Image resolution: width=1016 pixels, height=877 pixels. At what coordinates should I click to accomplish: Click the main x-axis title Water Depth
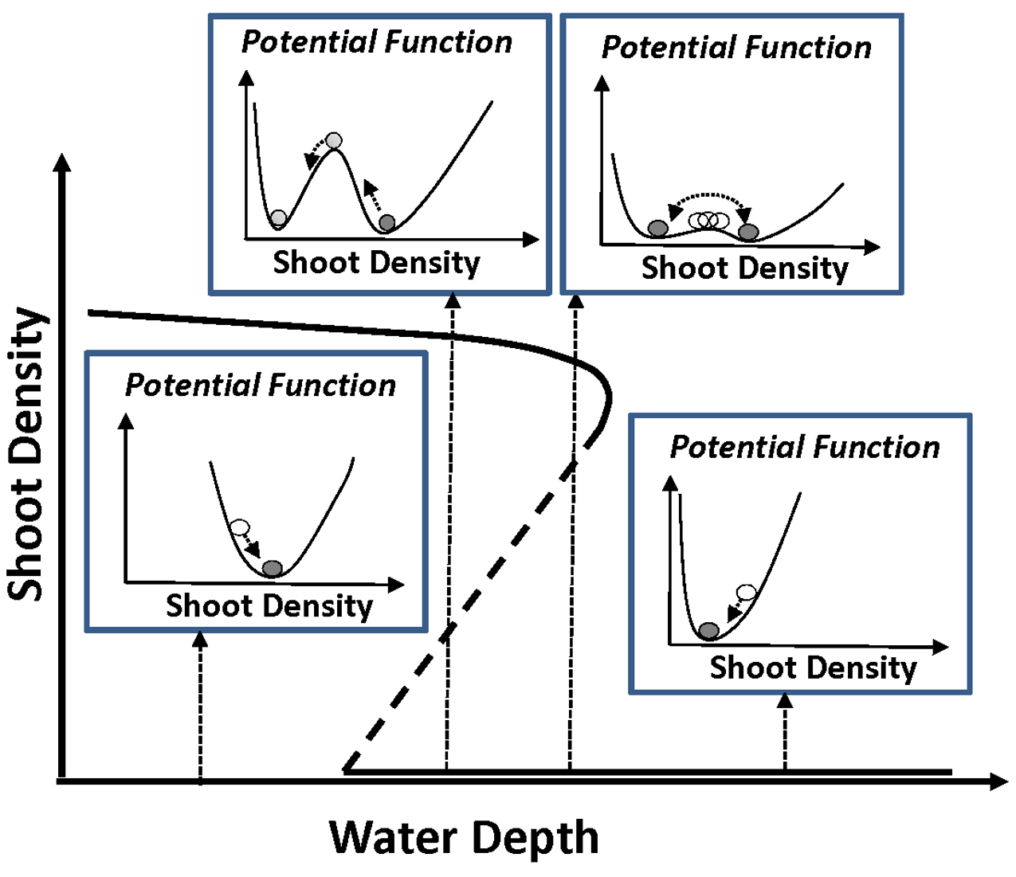(463, 837)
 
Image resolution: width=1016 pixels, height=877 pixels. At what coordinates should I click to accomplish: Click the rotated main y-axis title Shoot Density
(25, 454)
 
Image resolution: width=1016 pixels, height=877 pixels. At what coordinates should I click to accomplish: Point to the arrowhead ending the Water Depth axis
(999, 781)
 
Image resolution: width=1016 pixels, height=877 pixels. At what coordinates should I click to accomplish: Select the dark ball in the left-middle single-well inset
(273, 568)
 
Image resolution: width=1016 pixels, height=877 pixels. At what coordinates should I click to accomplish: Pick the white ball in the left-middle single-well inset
(240, 527)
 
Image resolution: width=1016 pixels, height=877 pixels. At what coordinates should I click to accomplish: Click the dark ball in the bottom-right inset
(708, 631)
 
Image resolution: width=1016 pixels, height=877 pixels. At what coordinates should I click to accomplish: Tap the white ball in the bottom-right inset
(746, 592)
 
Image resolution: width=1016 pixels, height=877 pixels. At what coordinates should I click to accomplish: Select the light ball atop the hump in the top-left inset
(334, 141)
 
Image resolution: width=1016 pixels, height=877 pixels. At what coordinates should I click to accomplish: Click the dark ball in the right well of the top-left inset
(386, 222)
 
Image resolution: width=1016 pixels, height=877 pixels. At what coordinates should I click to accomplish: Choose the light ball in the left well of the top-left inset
(278, 217)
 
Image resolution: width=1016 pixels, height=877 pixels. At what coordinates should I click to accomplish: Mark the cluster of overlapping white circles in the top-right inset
(708, 220)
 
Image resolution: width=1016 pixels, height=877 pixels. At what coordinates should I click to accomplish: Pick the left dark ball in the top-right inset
(657, 229)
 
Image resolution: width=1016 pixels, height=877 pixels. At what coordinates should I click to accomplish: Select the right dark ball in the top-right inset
(748, 232)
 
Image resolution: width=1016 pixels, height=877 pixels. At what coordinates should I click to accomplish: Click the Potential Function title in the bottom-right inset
(805, 447)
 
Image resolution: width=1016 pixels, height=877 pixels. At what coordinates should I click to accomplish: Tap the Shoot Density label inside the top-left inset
(376, 262)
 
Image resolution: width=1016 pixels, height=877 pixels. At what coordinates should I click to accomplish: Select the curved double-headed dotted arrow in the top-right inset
(709, 196)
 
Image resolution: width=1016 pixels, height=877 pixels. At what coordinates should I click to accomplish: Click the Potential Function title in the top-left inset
(376, 41)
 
